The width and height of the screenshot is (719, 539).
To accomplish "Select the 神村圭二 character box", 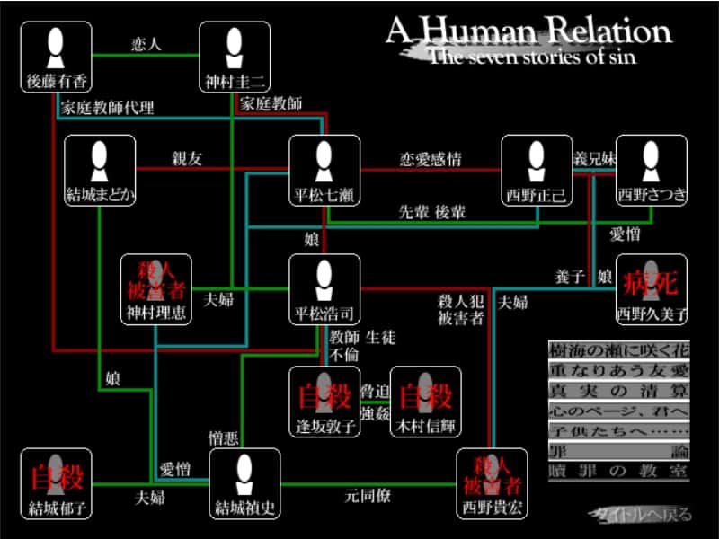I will [235, 57].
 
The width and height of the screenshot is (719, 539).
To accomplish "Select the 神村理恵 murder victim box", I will [155, 289].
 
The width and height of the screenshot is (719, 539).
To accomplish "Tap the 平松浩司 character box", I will [324, 289].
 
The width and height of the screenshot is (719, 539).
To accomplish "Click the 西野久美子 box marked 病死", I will [652, 289].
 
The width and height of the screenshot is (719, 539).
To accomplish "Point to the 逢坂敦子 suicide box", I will [324, 402].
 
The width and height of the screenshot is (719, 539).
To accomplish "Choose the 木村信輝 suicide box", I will [425, 402].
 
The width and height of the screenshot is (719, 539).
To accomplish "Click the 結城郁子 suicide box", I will [57, 483].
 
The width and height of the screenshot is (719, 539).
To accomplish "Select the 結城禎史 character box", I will [245, 483].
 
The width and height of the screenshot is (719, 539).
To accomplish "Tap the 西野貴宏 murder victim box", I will [491, 483].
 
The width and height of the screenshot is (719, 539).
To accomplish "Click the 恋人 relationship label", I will [145, 42].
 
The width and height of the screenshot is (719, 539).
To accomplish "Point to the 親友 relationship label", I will [187, 159].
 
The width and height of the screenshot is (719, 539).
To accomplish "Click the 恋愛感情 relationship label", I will [431, 159].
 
